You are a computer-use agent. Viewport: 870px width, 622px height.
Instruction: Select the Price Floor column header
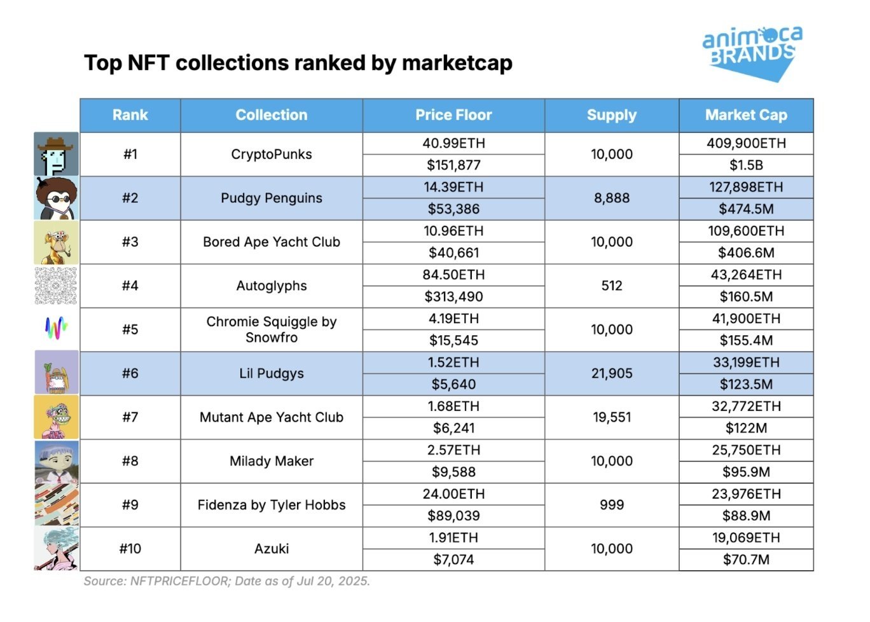tap(453, 115)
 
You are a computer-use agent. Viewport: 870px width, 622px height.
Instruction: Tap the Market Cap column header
tap(746, 115)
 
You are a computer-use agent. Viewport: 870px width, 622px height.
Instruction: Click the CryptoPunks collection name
tap(272, 155)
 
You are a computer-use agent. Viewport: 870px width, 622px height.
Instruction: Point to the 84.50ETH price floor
tap(453, 275)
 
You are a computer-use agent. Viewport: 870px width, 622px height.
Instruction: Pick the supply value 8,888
tap(612, 198)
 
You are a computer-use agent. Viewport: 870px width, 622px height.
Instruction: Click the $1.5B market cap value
tap(746, 165)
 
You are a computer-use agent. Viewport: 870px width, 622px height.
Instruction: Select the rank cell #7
tap(130, 417)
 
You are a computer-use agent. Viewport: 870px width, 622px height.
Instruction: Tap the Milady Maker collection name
tap(272, 461)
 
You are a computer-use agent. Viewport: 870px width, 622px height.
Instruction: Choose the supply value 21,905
tap(612, 373)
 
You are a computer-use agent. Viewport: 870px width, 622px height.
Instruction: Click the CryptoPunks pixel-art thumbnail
tap(57, 155)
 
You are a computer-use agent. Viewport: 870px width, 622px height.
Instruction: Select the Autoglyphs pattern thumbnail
tap(57, 286)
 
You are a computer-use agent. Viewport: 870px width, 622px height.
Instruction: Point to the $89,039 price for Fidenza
tap(453, 516)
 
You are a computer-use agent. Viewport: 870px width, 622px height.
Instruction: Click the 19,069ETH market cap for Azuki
tap(746, 538)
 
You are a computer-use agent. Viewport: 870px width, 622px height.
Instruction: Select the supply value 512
tap(612, 286)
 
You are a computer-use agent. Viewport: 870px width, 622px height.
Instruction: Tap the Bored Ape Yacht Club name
tap(272, 242)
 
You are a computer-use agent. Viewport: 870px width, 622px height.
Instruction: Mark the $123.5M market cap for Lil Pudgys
tap(746, 384)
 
